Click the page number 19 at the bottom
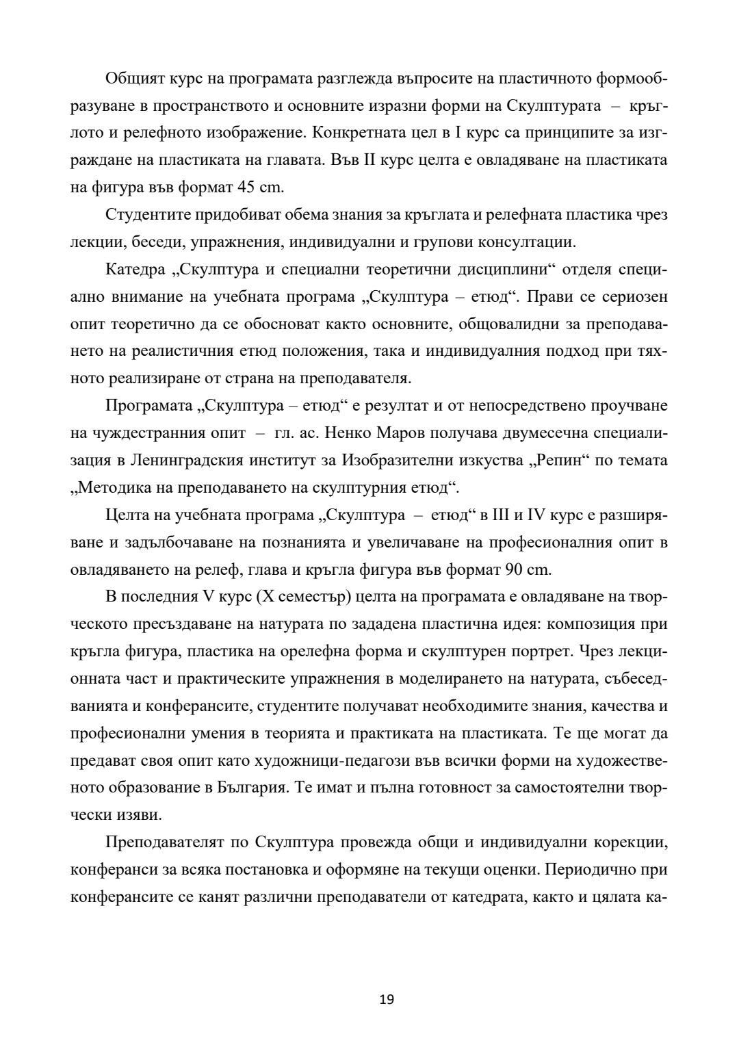point(387,999)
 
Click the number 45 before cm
point(245,187)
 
